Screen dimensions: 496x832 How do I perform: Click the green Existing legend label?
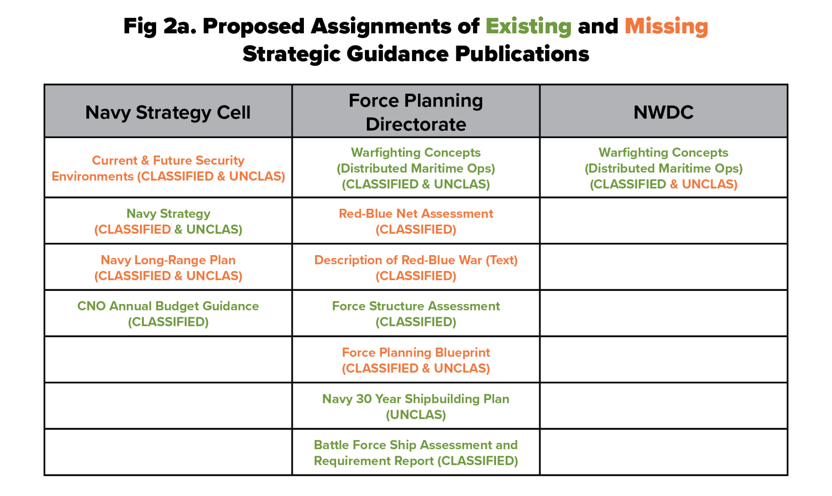(528, 26)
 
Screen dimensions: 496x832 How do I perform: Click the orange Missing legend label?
(666, 26)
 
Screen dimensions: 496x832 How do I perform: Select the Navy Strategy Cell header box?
(168, 111)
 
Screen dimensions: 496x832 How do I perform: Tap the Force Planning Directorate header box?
(416, 111)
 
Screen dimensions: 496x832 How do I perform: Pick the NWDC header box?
(663, 111)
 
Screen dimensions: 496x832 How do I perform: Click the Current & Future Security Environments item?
(168, 168)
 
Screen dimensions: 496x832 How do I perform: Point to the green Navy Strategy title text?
(168, 214)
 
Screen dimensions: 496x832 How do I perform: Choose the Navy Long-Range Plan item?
(168, 268)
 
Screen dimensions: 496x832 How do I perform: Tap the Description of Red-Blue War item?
(416, 268)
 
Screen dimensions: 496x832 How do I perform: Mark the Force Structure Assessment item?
(416, 314)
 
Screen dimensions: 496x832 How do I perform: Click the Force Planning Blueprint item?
(416, 360)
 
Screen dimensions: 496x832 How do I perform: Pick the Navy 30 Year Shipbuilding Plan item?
(416, 399)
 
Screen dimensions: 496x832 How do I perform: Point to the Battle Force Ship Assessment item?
(416, 452)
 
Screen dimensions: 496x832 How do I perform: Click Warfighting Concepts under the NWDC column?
(663, 153)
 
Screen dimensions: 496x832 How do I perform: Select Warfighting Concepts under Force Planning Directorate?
(416, 153)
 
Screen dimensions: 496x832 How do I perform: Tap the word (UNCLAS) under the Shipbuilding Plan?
(416, 415)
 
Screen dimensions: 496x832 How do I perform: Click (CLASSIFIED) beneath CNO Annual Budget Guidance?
(168, 322)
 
